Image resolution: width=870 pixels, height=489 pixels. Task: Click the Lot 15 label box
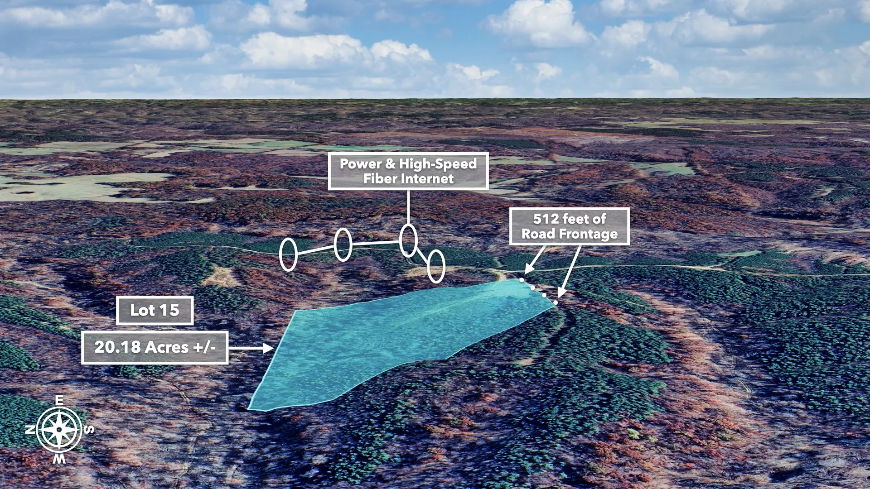(155, 311)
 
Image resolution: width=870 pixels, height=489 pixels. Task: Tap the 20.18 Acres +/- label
(155, 347)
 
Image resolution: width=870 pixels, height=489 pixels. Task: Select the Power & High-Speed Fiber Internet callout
(408, 171)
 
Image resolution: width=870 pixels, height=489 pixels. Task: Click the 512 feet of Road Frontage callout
(570, 226)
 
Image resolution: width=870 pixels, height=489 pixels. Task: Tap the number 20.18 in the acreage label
(117, 347)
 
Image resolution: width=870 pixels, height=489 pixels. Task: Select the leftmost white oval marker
(288, 254)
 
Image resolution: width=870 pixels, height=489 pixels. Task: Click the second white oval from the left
(343, 244)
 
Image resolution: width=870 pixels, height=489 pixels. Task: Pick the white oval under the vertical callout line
(408, 240)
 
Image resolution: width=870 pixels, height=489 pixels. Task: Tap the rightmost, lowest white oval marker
(436, 266)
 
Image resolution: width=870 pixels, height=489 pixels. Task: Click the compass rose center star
(59, 429)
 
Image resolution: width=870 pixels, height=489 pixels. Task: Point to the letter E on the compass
(59, 400)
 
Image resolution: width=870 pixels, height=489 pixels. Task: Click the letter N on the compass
(30, 429)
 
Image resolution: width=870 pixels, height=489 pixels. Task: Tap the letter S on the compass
(89, 429)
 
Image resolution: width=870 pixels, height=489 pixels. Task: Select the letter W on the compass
(59, 459)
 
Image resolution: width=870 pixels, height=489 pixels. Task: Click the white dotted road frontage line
(539, 291)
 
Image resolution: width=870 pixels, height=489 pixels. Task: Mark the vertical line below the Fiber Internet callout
(408, 207)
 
